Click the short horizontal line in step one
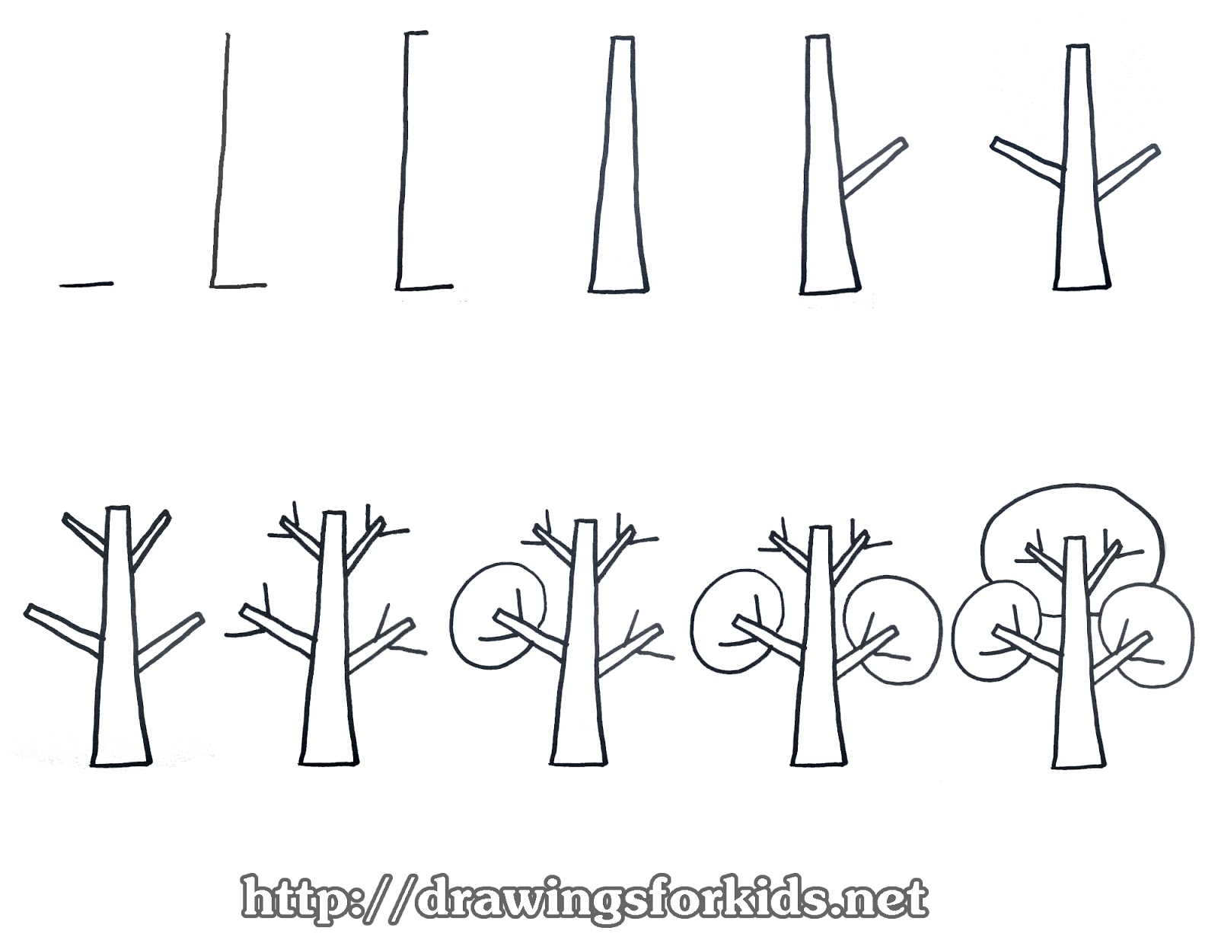coord(86,285)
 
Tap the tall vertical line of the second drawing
coord(221,160)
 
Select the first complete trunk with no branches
coord(620,168)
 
